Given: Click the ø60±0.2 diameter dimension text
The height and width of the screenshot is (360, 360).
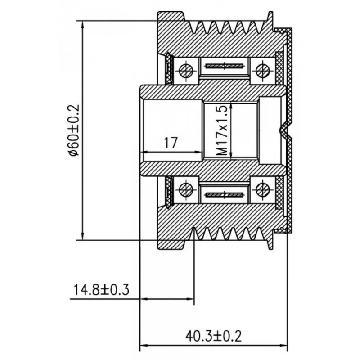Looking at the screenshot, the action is coord(74,130).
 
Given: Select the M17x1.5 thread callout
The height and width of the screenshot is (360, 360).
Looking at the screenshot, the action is coord(222,130).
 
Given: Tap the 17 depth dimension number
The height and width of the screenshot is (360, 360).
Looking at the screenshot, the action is coord(171,143).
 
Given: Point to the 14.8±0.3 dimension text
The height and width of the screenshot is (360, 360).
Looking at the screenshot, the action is coord(101,290).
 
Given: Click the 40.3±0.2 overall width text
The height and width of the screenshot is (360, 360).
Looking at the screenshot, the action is coord(213,336).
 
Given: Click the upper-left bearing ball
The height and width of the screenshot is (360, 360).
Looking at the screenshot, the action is coord(186,71).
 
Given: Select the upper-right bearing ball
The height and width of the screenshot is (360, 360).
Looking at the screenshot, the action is coord(262,71).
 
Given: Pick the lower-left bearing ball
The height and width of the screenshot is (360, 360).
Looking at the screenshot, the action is coord(186,190).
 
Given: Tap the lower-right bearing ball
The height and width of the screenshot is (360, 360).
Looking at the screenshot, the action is coord(262,190).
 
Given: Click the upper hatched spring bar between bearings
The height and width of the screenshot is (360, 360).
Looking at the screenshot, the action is coord(224,66).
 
